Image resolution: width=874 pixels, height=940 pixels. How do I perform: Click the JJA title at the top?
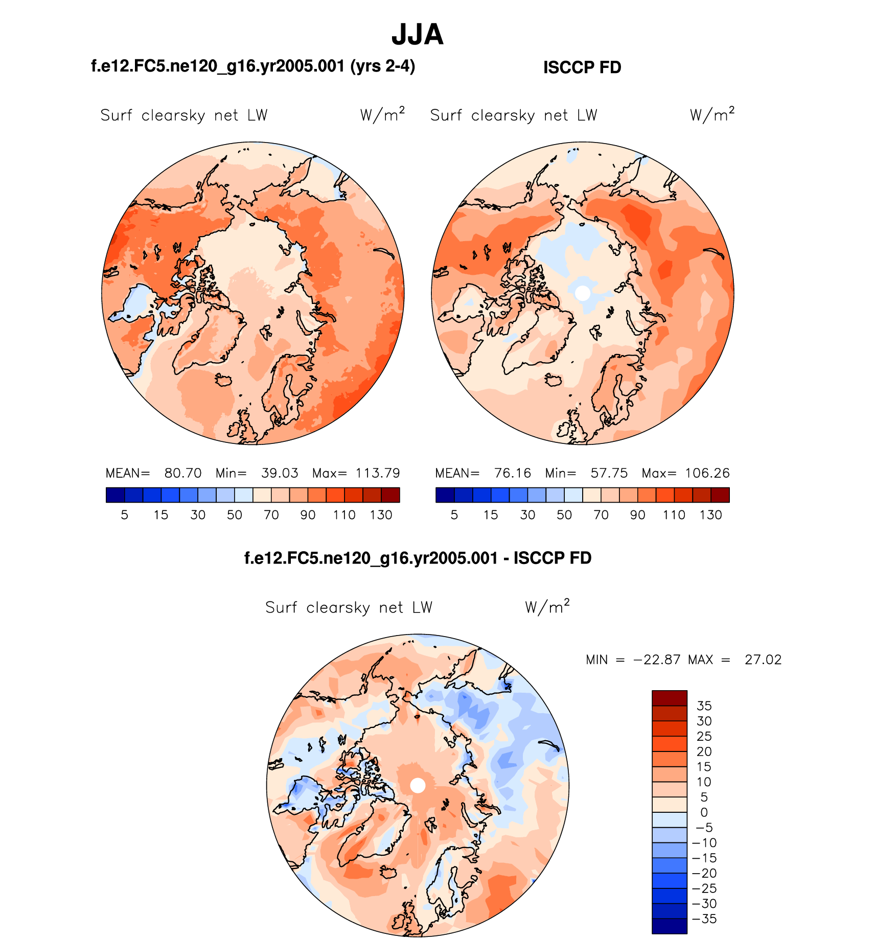coord(417,35)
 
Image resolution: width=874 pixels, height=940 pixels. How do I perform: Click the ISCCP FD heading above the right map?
coord(582,67)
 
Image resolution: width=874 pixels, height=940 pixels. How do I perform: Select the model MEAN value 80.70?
coord(183,473)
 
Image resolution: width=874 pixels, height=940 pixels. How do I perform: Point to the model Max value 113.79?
coord(378,473)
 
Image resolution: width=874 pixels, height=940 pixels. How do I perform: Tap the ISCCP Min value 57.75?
coord(609,473)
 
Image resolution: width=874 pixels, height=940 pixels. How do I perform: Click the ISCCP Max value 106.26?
coord(707,473)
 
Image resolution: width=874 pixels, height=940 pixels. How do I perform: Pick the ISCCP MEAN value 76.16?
coord(513,473)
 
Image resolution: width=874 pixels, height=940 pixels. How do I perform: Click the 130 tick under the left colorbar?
coord(381,515)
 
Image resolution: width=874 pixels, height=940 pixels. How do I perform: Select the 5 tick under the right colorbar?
coord(454,515)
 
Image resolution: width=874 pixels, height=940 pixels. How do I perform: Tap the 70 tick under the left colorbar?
coord(271,515)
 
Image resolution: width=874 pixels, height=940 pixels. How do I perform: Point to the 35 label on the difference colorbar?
coord(704,706)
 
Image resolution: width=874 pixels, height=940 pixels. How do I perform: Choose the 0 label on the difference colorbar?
coord(704,812)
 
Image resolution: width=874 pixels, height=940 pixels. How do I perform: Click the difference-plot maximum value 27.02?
coord(763,660)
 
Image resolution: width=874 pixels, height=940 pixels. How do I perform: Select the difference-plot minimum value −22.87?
coord(657,660)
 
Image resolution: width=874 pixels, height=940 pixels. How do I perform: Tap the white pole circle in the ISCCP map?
coord(582,293)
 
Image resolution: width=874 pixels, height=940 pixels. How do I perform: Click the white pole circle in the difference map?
coord(418,786)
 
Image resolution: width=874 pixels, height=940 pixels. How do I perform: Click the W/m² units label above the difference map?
coord(547,607)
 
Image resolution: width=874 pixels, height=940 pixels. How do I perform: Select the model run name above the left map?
coord(253,66)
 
